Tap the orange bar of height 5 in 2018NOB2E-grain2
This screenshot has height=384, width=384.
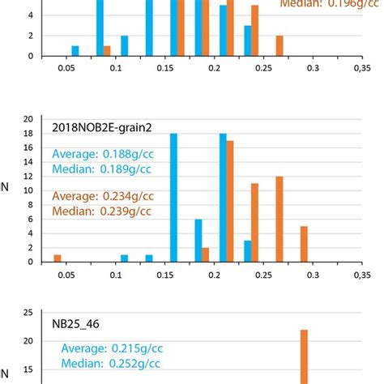pyautogui.click(x=304, y=244)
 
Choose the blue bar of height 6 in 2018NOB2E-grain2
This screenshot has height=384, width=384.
pyautogui.click(x=198, y=240)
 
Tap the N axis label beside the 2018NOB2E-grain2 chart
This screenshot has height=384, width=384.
pyautogui.click(x=7, y=191)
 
